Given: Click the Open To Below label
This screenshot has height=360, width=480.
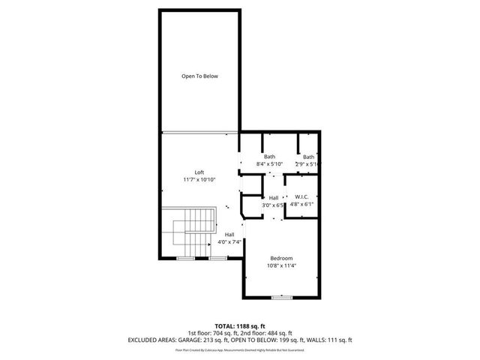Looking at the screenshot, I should pyautogui.click(x=199, y=76).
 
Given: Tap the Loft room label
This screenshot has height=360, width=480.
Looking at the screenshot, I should pyautogui.click(x=199, y=172).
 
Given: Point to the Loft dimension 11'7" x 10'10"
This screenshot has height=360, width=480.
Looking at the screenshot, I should pyautogui.click(x=199, y=180).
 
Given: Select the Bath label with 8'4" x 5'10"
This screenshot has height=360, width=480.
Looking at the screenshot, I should pyautogui.click(x=269, y=156).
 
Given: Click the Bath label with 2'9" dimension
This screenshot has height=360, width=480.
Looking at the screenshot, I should pyautogui.click(x=309, y=156).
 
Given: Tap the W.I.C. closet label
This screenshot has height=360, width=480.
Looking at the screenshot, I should pyautogui.click(x=302, y=197).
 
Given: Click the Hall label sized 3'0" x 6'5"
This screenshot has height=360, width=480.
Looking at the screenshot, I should pyautogui.click(x=274, y=197).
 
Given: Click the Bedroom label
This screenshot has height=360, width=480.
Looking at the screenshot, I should pyautogui.click(x=281, y=256).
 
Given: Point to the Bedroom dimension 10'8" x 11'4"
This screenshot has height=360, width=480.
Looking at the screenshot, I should pyautogui.click(x=281, y=265).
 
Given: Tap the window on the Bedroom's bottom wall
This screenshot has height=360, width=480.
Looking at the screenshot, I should pyautogui.click(x=282, y=298).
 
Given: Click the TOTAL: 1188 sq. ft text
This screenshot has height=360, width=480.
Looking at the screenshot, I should pyautogui.click(x=239, y=325).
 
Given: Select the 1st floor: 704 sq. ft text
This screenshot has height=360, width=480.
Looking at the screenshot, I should pyautogui.click(x=215, y=333).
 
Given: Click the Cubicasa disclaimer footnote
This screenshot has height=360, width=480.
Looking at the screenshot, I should pyautogui.click(x=239, y=349).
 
